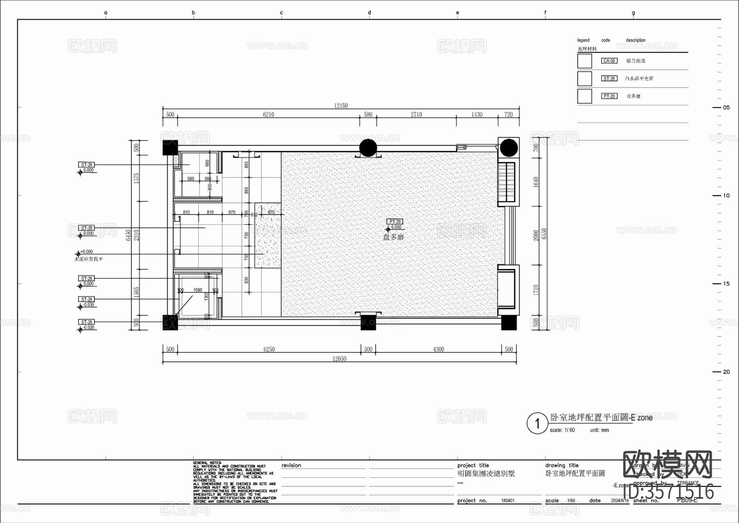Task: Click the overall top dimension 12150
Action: [x=341, y=106]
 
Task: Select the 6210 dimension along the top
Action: [x=269, y=115]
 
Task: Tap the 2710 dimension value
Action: [x=416, y=115]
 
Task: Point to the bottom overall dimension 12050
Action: [x=339, y=359]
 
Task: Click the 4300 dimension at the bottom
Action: [x=438, y=349]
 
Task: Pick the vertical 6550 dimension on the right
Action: [x=544, y=234]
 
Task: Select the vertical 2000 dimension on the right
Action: [x=536, y=236]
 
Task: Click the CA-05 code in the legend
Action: [x=609, y=61]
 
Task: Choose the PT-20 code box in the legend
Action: [x=609, y=96]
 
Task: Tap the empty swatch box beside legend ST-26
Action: [x=585, y=79]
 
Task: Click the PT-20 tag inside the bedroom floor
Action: [x=395, y=222]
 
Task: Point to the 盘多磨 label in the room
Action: [x=393, y=237]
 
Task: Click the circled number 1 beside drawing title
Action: [x=537, y=423]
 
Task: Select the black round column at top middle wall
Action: [x=368, y=148]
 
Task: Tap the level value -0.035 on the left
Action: [x=89, y=305]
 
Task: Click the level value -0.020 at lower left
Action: [x=89, y=328]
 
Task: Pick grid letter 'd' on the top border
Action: [x=369, y=13]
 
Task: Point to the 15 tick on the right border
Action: [x=726, y=284]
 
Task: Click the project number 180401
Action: [x=508, y=501]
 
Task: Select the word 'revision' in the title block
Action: [x=291, y=465]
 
